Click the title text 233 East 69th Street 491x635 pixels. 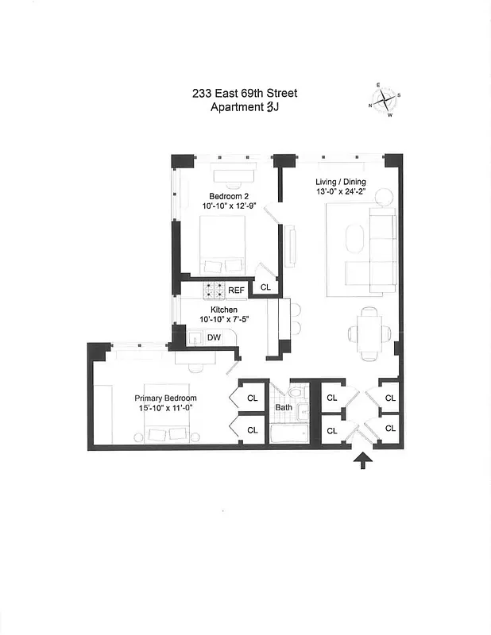pos(245,94)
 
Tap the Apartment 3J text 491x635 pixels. pos(245,108)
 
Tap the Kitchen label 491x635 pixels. pos(225,310)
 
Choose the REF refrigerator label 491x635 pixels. pos(237,291)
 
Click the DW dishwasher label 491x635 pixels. pos(214,337)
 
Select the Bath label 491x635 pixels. pos(284,408)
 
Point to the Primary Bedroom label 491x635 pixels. pos(165,398)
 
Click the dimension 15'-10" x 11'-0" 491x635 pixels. pos(165,409)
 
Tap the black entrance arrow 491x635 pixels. pos(363,460)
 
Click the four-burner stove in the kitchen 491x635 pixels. pos(215,290)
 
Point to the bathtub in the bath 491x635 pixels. pos(289,436)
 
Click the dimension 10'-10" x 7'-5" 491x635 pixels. pos(225,321)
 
